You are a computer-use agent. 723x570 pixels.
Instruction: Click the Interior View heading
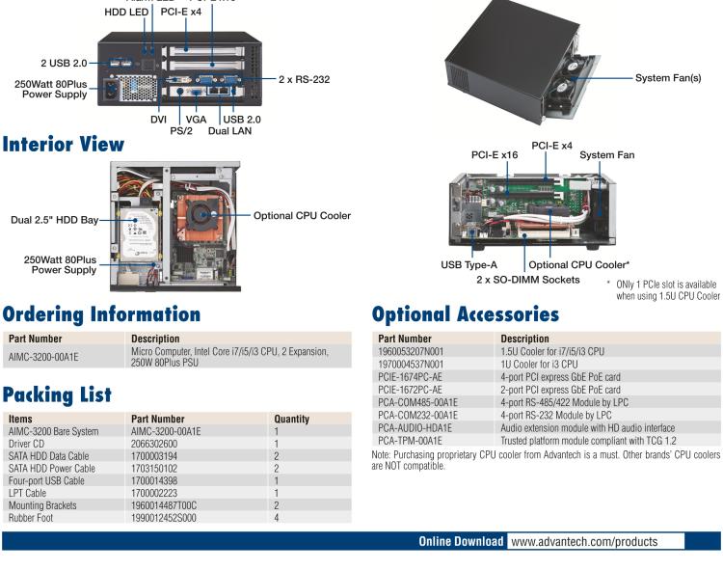(x=63, y=145)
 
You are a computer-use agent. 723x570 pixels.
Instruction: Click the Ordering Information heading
(x=101, y=314)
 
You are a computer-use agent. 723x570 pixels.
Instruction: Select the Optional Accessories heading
(x=466, y=314)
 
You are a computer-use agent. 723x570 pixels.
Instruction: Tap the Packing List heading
(x=57, y=394)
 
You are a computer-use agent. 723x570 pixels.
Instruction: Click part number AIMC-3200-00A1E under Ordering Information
(x=43, y=357)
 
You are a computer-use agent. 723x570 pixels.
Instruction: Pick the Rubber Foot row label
(x=31, y=517)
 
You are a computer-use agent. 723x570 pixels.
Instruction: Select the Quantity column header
(x=291, y=419)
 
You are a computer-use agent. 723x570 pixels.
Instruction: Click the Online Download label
(x=460, y=541)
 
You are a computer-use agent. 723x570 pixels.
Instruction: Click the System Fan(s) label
(x=667, y=78)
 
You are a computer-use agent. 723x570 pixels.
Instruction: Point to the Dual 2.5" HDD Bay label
(x=55, y=220)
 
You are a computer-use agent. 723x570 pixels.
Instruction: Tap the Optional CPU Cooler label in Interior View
(x=302, y=215)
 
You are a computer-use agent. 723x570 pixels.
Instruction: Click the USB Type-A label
(x=469, y=264)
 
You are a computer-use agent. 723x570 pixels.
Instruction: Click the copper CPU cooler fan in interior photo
(x=202, y=214)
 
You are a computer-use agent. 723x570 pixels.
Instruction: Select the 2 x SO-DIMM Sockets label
(x=528, y=279)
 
